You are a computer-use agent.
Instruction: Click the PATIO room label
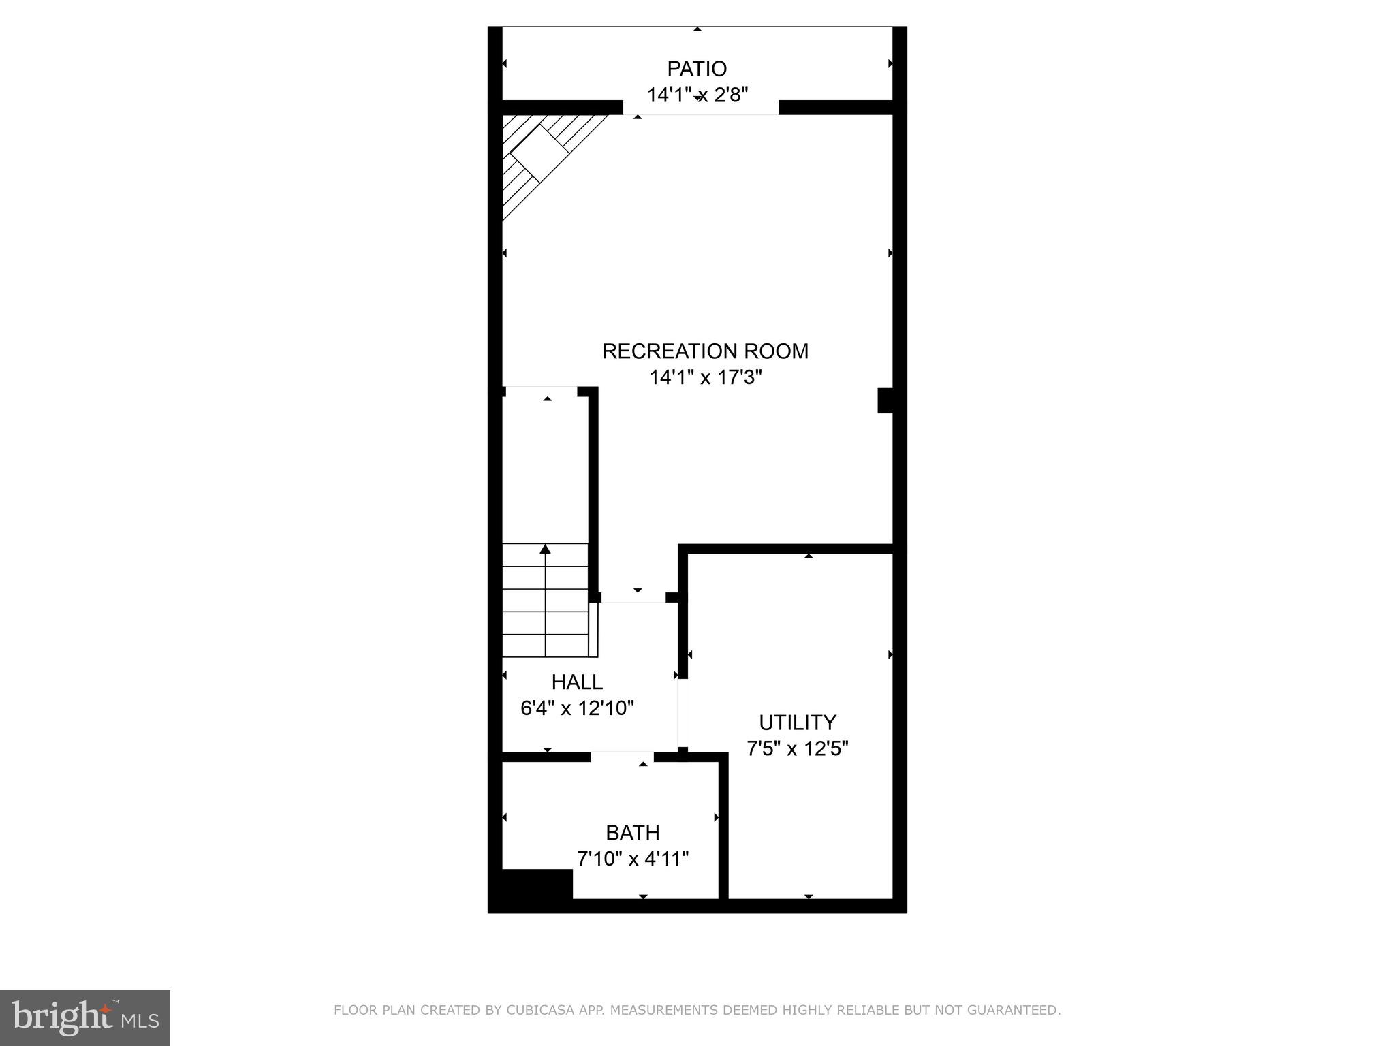point(696,69)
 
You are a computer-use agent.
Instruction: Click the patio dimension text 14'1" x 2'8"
point(697,95)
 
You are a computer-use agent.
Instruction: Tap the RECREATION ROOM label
point(705,351)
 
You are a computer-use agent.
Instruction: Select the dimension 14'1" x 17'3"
point(705,377)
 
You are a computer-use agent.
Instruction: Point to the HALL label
point(576,682)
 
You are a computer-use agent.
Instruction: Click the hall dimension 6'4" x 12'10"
point(577,708)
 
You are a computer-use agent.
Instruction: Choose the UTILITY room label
point(797,722)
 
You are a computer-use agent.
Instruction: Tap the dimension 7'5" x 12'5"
point(797,749)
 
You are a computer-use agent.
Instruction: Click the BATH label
point(632,832)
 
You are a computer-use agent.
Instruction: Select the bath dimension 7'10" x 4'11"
point(633,859)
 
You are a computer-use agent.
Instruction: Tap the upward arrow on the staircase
point(545,549)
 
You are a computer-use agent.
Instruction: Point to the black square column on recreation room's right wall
point(885,400)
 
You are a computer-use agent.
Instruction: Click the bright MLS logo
point(84,1017)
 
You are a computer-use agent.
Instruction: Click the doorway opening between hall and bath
point(622,757)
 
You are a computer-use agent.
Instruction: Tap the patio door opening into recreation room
point(700,108)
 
